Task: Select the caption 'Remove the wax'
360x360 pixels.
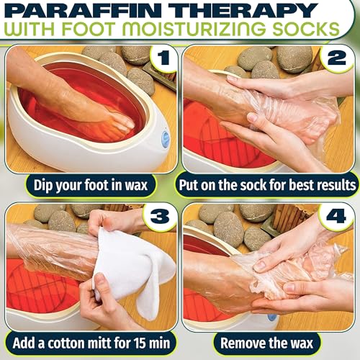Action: [269, 342]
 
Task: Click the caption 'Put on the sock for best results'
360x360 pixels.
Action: [269, 184]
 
